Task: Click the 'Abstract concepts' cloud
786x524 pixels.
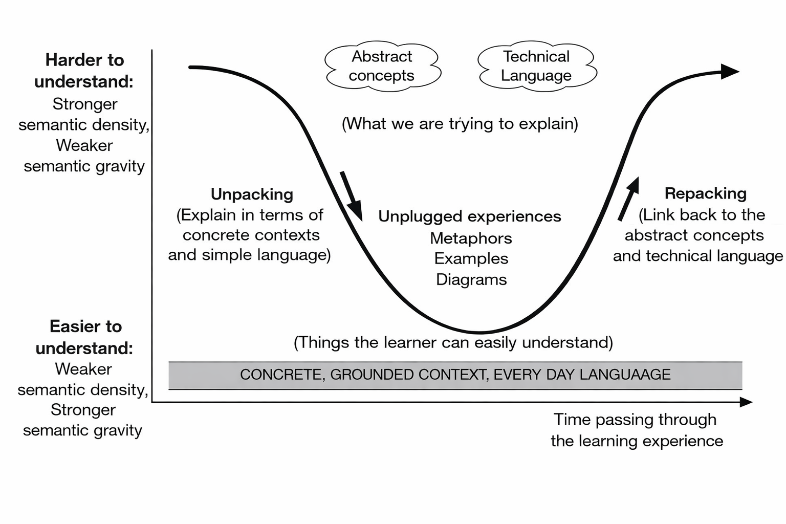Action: [x=382, y=66]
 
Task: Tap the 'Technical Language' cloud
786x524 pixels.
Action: [x=536, y=66]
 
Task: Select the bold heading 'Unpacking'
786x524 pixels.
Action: [x=252, y=194]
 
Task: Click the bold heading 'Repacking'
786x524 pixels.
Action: [x=705, y=193]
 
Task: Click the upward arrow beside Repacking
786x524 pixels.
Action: [x=629, y=199]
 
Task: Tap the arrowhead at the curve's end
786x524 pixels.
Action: [x=730, y=71]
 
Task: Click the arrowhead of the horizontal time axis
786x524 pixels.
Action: [x=746, y=402]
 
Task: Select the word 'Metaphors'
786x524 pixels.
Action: [x=471, y=238]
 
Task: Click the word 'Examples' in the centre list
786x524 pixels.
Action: [x=471, y=259]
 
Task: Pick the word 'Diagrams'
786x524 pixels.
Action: [x=471, y=280]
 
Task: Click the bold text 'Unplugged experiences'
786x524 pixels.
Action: [x=469, y=216]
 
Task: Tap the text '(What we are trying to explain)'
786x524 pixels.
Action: [x=460, y=124]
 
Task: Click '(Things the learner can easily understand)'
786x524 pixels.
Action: [x=453, y=342]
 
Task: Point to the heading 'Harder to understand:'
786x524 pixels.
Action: [x=84, y=71]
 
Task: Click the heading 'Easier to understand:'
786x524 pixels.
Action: [x=85, y=337]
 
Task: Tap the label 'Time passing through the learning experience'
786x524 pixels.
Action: [x=637, y=430]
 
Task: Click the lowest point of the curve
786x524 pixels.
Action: [x=479, y=333]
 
